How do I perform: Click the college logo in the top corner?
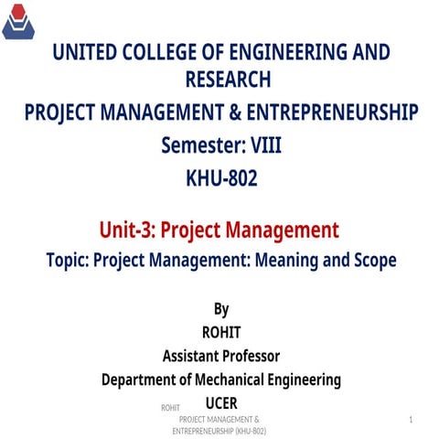click(x=20, y=22)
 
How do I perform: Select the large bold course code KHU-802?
click(x=220, y=177)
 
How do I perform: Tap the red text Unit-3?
click(x=133, y=229)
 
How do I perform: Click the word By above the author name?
click(x=220, y=309)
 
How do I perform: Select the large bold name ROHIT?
click(x=220, y=332)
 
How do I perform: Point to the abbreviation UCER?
click(x=221, y=402)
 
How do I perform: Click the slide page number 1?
click(x=412, y=418)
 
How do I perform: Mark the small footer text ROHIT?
click(x=169, y=406)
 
